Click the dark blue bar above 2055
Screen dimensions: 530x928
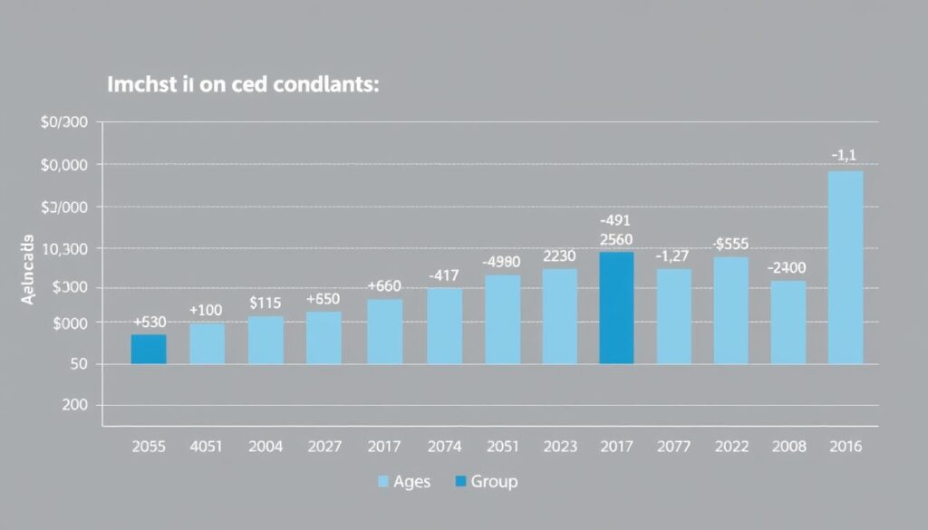[x=149, y=349]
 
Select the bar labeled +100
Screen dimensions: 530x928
[x=207, y=343]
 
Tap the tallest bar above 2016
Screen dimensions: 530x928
[x=846, y=267]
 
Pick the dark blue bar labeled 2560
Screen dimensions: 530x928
[x=616, y=308]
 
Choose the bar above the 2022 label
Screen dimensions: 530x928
[x=731, y=310]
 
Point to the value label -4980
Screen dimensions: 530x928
[x=501, y=262]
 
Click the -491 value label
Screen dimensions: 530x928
[x=615, y=220]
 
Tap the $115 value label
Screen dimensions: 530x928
[x=266, y=303]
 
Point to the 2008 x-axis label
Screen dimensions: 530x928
[x=788, y=446]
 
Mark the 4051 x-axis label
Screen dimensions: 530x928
[x=208, y=446]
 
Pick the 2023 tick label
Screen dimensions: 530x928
[x=559, y=446]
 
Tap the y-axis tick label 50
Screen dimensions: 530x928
[x=78, y=364]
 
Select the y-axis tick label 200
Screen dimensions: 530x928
[x=74, y=406]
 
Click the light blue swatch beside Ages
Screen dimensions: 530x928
[x=382, y=481]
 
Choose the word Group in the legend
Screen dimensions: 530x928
[x=494, y=481]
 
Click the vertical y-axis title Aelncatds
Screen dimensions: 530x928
[x=29, y=271]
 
